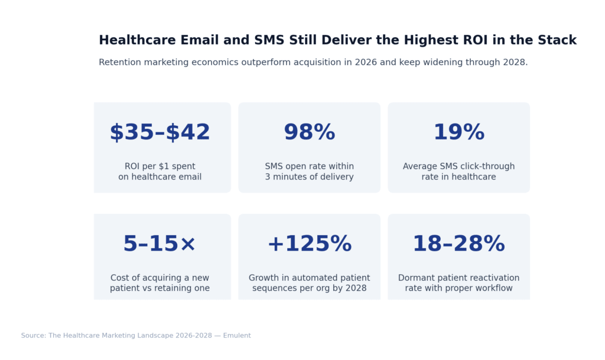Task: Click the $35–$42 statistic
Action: [x=160, y=132]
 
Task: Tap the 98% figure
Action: [x=309, y=132]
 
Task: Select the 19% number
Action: [x=458, y=132]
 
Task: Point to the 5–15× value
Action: [x=160, y=244]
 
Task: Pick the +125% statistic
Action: [x=309, y=244]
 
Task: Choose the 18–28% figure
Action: [x=458, y=244]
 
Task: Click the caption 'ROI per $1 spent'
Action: [x=160, y=166]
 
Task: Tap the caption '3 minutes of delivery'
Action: [x=309, y=177]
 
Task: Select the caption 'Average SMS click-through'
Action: [x=458, y=166]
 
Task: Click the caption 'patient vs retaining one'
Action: [x=160, y=288]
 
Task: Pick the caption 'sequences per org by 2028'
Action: [x=309, y=288]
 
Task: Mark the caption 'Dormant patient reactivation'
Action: [x=458, y=278]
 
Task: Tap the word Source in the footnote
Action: [x=33, y=336]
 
